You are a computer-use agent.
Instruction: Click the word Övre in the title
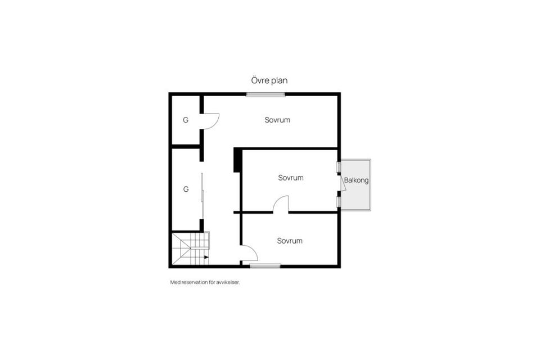tap(259, 80)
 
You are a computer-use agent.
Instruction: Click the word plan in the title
tap(278, 80)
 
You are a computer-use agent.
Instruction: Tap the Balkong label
tap(357, 181)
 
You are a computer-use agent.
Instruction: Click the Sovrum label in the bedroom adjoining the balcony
tap(291, 178)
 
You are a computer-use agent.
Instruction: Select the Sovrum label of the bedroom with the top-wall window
tap(277, 120)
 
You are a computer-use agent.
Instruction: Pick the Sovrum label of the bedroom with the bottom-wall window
tap(290, 241)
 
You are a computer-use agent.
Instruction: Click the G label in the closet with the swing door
tap(186, 120)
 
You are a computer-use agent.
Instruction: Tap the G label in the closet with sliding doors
tap(186, 189)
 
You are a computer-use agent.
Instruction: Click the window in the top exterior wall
tap(265, 94)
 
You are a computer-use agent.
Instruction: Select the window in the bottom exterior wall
tap(265, 265)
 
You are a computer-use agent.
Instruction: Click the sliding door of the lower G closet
tap(202, 196)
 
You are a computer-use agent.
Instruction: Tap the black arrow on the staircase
tap(206, 257)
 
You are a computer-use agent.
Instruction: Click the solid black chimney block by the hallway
tap(237, 160)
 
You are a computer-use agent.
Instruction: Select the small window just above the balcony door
tap(339, 166)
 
